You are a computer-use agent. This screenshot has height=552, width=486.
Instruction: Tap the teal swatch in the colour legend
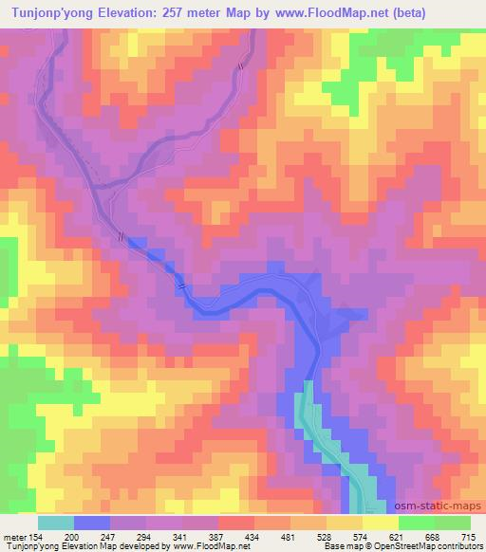point(56,523)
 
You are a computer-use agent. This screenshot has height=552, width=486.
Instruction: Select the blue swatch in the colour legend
point(92,523)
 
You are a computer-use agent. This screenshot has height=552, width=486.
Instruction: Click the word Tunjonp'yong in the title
point(53,13)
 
